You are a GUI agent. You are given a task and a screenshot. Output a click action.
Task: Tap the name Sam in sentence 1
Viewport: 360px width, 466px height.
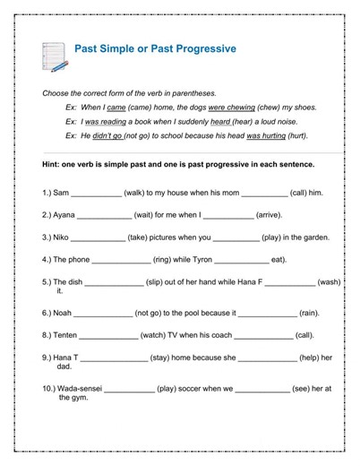(x=61, y=193)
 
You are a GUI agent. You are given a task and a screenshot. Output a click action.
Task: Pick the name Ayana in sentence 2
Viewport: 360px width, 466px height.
(x=64, y=215)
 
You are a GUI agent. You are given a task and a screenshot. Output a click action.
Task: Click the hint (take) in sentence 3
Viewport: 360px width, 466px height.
(x=142, y=237)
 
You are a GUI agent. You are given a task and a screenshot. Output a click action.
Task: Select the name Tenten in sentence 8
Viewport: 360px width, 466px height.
(x=65, y=335)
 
